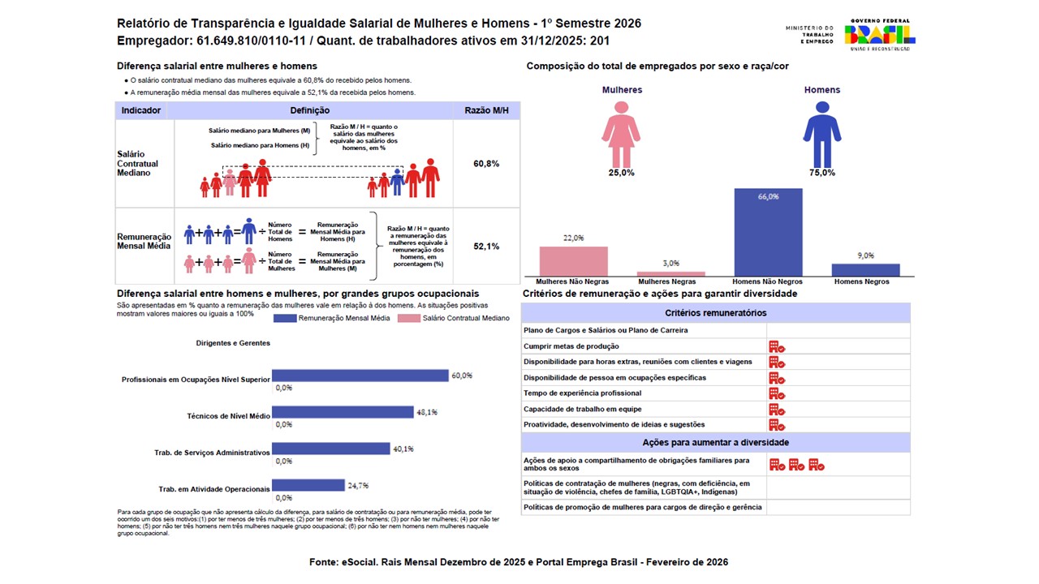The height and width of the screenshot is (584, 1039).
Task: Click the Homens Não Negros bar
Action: [768, 233]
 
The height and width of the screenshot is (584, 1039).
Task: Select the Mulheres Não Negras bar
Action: [573, 261]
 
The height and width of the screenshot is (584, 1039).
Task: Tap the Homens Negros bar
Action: [865, 270]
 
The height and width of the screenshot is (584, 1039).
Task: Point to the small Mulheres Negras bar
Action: [670, 274]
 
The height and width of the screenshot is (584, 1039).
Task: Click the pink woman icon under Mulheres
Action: [622, 133]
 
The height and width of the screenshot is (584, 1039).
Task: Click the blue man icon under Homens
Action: [821, 133]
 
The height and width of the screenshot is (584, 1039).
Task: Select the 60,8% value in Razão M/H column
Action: [486, 164]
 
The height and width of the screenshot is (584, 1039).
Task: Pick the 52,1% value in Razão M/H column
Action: [486, 246]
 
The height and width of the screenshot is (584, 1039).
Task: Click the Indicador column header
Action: [141, 110]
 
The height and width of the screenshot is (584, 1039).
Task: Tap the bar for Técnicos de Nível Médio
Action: [343, 412]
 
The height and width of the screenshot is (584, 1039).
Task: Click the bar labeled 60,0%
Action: [360, 376]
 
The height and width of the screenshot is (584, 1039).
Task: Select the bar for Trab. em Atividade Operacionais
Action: [308, 485]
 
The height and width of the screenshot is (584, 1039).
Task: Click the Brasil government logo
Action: [880, 34]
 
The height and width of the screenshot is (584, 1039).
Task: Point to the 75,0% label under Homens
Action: [822, 173]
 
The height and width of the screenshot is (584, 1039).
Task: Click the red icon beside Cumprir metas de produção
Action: [777, 346]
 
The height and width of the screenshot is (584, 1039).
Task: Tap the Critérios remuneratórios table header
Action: [715, 312]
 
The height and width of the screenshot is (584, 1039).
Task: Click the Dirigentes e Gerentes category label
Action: [233, 343]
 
